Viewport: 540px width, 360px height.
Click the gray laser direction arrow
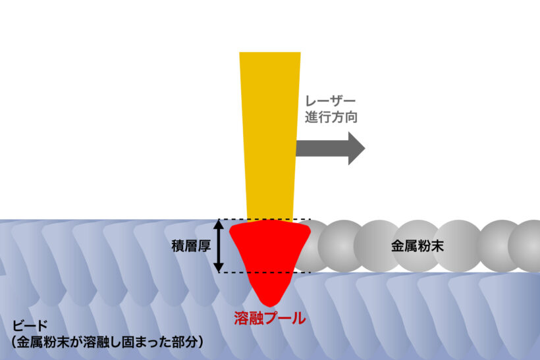[330, 148]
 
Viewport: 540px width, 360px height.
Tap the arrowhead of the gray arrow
[356, 148]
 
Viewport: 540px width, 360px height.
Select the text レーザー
[330, 101]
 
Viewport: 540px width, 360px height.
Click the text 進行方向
[331, 117]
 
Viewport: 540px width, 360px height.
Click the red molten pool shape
[270, 255]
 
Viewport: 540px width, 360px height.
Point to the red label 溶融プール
[269, 318]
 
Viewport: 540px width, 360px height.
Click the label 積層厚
[191, 245]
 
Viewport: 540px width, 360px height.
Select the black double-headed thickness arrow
[219, 245]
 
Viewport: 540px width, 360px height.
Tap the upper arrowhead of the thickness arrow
[219, 224]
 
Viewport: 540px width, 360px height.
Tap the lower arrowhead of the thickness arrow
[219, 267]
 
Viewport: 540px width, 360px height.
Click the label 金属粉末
[418, 245]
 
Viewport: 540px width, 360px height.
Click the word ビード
[30, 326]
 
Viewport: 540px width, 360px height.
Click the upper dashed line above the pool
[265, 219]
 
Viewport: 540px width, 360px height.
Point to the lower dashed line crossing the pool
[265, 272]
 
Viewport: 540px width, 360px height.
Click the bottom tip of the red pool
[269, 307]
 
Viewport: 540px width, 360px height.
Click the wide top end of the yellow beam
[270, 53]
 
